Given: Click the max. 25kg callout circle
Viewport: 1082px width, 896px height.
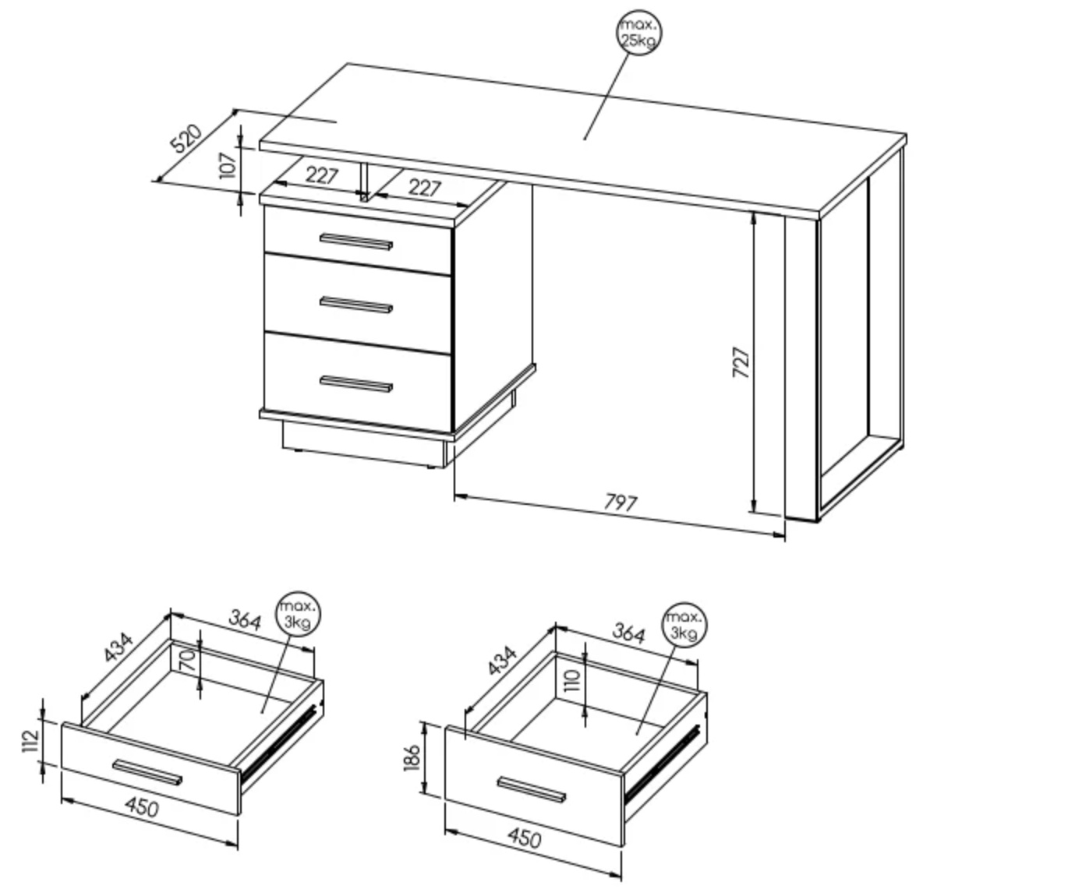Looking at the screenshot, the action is [639, 33].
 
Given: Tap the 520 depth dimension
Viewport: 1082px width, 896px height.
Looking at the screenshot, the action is [186, 138].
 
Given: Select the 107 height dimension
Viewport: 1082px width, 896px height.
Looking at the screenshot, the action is [228, 166].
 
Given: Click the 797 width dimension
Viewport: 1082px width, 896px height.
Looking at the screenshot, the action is [621, 503].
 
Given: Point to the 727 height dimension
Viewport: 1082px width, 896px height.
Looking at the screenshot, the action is [741, 362].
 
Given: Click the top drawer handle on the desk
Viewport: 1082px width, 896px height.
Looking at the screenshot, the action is [356, 242].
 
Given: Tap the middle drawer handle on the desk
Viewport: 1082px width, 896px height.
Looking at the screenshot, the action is [356, 305].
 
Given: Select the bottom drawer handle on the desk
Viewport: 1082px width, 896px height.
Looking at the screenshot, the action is [356, 384].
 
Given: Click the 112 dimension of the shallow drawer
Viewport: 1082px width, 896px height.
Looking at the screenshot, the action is [31, 741].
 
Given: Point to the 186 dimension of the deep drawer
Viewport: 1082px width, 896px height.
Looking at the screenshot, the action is [411, 758].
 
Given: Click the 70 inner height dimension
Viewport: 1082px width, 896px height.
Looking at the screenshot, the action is [188, 661].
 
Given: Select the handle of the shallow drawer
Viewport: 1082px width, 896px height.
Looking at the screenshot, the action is [147, 773].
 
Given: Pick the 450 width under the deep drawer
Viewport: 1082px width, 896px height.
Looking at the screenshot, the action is [525, 838].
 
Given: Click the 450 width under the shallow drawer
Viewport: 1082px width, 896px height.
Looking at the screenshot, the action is [142, 807].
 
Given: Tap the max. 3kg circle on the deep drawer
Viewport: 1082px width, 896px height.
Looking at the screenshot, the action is [684, 625].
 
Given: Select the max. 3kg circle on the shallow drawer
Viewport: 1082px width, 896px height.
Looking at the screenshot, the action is [298, 615].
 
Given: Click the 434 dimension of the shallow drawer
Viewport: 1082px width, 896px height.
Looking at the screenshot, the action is [118, 647].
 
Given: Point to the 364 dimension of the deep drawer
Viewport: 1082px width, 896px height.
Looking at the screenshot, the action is [629, 633].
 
